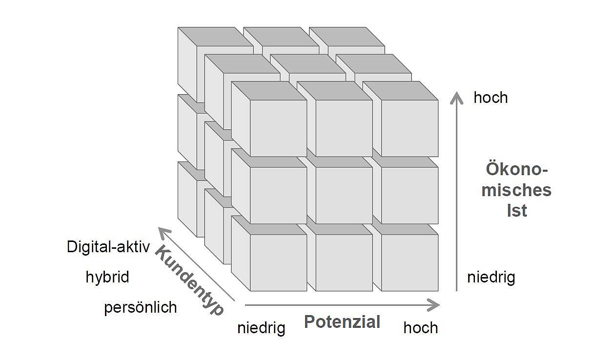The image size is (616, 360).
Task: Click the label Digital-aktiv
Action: tap(108, 247)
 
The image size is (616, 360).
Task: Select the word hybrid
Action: tap(107, 277)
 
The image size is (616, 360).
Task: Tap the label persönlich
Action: tap(140, 308)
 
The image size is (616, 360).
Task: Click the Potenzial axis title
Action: tap(342, 322)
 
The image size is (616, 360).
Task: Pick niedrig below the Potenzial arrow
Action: tap(261, 328)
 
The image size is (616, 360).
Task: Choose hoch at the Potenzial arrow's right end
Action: tap(420, 328)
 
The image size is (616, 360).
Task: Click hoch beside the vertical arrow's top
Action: tap(491, 98)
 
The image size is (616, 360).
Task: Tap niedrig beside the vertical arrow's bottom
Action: tap(491, 278)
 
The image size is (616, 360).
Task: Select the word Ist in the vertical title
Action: tap(516, 211)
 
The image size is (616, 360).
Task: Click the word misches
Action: tap(516, 190)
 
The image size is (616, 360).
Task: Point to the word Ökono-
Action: tap(516, 169)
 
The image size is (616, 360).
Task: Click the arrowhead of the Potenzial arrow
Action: tap(434, 305)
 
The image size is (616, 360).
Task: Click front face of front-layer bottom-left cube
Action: tap(278, 262)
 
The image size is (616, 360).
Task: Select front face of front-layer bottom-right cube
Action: tap(410, 262)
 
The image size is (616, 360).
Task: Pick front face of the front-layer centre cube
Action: tap(344, 195)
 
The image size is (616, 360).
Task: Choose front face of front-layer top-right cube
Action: tap(410, 128)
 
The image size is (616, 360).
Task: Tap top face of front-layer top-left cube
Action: tap(268, 90)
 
